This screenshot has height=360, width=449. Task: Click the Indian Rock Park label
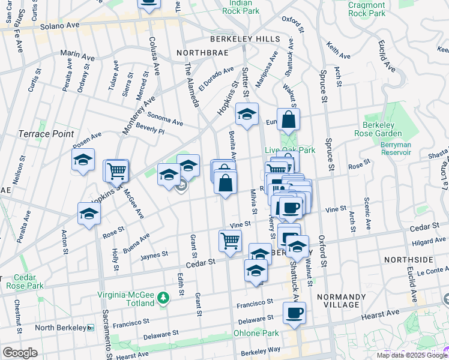pyautogui.click(x=240, y=7)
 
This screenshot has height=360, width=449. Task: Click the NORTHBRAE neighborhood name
pyautogui.click(x=199, y=53)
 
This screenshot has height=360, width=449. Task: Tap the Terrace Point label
pyautogui.click(x=46, y=134)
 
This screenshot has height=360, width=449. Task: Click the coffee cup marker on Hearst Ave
pyautogui.click(x=294, y=313)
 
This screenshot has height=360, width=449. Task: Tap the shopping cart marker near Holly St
pyautogui.click(x=116, y=171)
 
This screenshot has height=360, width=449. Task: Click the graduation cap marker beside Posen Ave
pyautogui.click(x=83, y=160)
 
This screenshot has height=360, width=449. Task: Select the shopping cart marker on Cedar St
pyautogui.click(x=231, y=242)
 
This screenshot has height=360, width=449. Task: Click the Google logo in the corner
pyautogui.click(x=20, y=353)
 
